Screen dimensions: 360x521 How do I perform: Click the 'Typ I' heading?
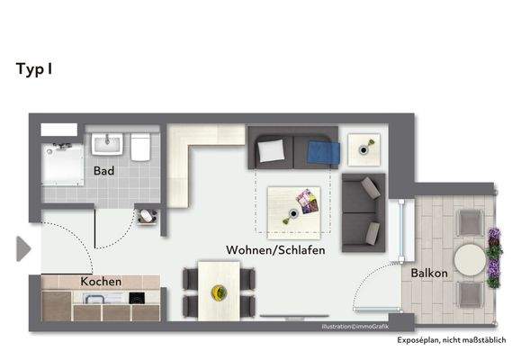coord(34,68)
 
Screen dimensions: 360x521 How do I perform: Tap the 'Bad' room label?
coord(103,170)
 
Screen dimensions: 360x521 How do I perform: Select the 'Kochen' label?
coord(101,282)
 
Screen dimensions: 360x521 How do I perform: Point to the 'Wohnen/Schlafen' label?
coord(275,249)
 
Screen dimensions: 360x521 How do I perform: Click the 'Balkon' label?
coord(428,273)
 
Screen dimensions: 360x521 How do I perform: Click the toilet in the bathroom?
coord(139,146)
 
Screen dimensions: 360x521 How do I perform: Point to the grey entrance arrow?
coord(23,248)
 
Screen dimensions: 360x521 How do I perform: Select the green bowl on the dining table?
coord(219,292)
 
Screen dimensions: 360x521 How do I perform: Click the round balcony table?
coord(470,260)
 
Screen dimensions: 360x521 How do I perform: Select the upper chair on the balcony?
coord(470,221)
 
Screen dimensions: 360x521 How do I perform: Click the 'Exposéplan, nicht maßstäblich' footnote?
coord(452,340)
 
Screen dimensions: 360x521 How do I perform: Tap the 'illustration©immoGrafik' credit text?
coord(358,326)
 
